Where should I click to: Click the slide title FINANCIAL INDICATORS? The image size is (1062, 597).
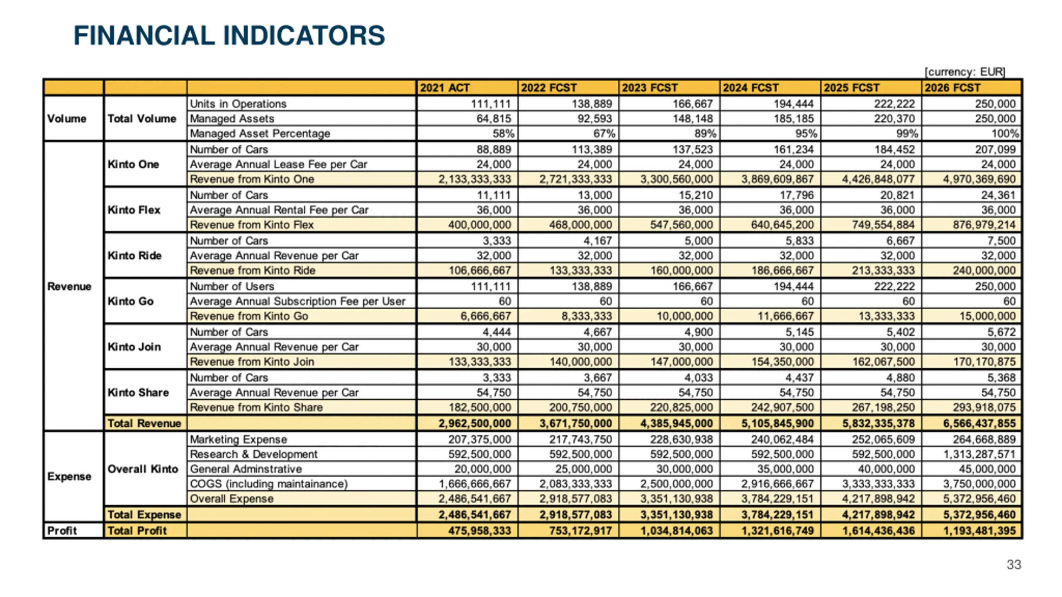pyautogui.click(x=229, y=36)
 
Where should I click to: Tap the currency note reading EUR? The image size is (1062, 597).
pyautogui.click(x=965, y=72)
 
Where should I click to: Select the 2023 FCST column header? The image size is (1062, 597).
pyautogui.click(x=650, y=88)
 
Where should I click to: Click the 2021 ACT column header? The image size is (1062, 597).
pyautogui.click(x=445, y=88)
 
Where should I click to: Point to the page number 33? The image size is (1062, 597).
pyautogui.click(x=1013, y=564)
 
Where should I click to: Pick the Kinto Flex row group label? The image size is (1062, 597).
pyautogui.click(x=134, y=210)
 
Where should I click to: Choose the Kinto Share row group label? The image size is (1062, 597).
pyautogui.click(x=138, y=392)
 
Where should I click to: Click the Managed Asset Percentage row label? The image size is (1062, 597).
pyautogui.click(x=260, y=133)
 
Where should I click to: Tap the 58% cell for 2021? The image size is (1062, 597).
pyautogui.click(x=503, y=133)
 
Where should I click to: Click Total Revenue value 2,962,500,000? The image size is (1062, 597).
pyautogui.click(x=475, y=423)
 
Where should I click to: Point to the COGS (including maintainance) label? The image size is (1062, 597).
pyautogui.click(x=269, y=484)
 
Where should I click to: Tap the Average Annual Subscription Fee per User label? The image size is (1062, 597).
pyautogui.click(x=297, y=301)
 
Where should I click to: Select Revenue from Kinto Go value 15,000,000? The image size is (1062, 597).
pyautogui.click(x=987, y=316)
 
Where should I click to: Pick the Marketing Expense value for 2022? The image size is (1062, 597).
pyautogui.click(x=580, y=439)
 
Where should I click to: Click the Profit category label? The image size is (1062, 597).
pyautogui.click(x=62, y=531)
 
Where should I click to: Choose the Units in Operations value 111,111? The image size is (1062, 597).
pyautogui.click(x=490, y=104)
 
